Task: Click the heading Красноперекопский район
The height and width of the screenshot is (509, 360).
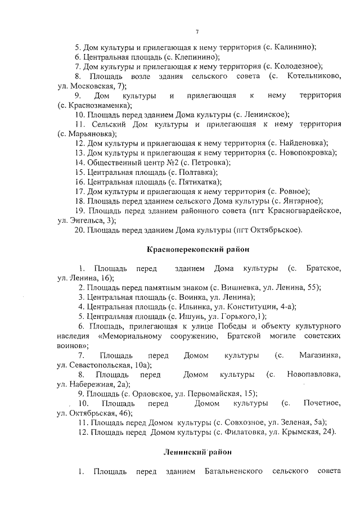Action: coord(197,247)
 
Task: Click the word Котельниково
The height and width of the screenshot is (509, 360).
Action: coord(313,76)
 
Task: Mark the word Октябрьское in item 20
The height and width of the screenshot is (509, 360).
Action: coord(279,229)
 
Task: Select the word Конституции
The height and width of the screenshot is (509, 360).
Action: coord(256,307)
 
